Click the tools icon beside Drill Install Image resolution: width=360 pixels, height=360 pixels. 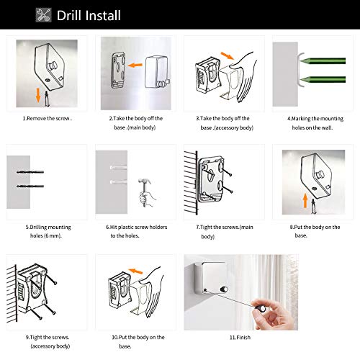pyautogui.click(x=43, y=15)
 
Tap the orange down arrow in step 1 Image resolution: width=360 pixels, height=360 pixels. pyautogui.click(x=38, y=95)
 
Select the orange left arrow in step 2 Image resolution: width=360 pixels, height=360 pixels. pyautogui.click(x=135, y=65)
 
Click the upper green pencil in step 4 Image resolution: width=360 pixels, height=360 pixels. pyautogui.click(x=323, y=60)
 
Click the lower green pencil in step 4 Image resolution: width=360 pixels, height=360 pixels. pyautogui.click(x=323, y=79)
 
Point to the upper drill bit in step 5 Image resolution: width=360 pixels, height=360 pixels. pyautogui.click(x=30, y=172)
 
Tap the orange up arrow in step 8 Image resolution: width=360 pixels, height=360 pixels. pyautogui.click(x=305, y=201)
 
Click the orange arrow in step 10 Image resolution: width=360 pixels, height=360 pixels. pyautogui.click(x=135, y=271)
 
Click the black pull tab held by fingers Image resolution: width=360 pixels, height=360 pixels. pyautogui.click(x=261, y=308)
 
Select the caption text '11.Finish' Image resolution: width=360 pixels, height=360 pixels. pyautogui.click(x=240, y=338)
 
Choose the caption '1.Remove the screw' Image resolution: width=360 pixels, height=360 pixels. pyautogui.click(x=47, y=118)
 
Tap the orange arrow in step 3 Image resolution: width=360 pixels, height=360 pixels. pyautogui.click(x=227, y=55)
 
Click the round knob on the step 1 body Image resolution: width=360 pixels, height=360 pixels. pyautogui.click(x=53, y=65)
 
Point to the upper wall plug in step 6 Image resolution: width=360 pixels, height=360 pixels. pyautogui.click(x=118, y=167)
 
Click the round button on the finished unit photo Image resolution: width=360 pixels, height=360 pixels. pyautogui.click(x=224, y=289)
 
